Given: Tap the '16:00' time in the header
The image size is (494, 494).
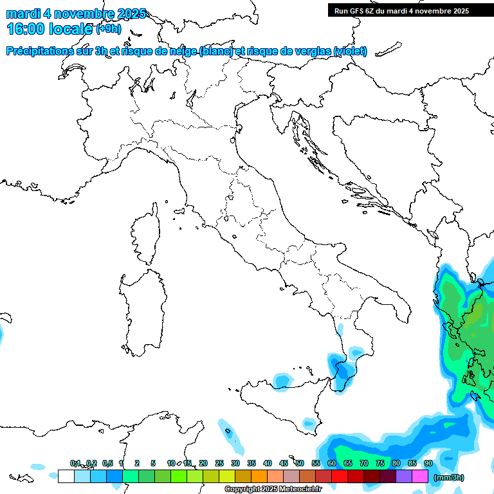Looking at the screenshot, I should click(x=25, y=28).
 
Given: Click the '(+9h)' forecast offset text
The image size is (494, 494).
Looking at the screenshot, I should click(x=108, y=28).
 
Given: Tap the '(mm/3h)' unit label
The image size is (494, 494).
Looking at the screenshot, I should click(x=448, y=477).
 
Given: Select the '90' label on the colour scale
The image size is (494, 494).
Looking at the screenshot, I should click(x=428, y=463).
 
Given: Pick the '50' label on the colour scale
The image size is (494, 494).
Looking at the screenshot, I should click(x=300, y=463).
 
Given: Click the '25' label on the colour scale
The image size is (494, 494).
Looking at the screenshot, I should click(x=219, y=463).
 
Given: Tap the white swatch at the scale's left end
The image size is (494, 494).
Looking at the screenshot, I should click(x=66, y=476).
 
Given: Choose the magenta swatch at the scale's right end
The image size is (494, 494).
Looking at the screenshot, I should click(x=420, y=476).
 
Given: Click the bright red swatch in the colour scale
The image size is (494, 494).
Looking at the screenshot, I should click(x=340, y=476).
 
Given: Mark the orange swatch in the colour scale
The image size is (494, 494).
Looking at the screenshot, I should click(x=259, y=476).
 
